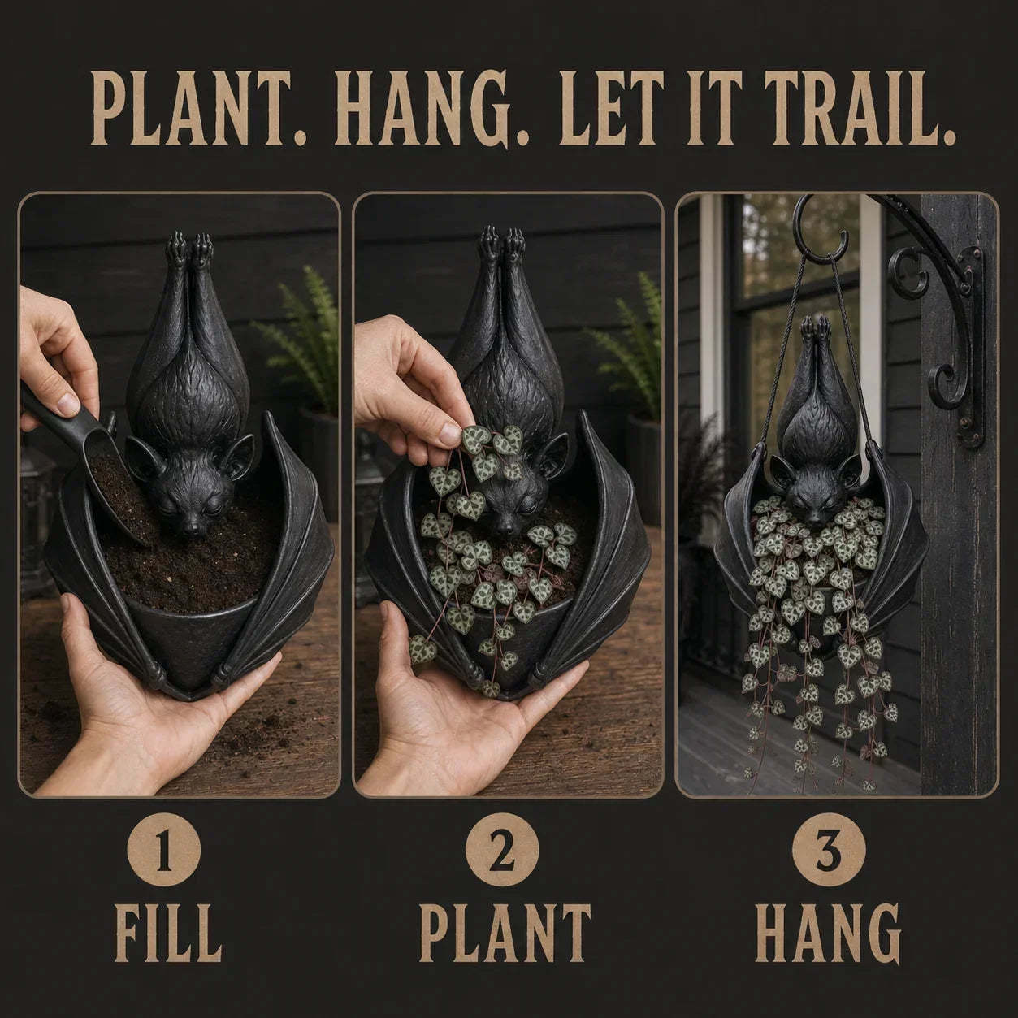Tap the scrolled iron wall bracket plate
pos(968,349)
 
